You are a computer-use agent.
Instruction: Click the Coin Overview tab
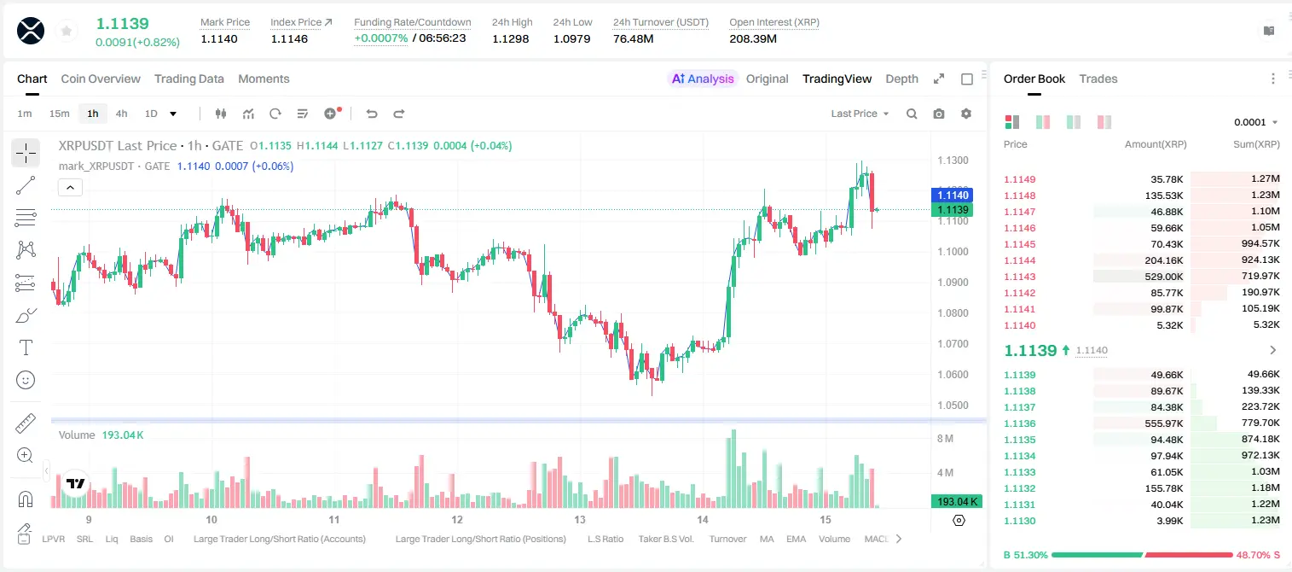click(x=101, y=79)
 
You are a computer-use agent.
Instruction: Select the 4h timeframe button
click(x=121, y=114)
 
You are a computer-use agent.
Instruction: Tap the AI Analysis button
click(x=703, y=79)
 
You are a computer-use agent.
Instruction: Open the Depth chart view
click(x=901, y=79)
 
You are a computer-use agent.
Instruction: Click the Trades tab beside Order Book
click(x=1098, y=79)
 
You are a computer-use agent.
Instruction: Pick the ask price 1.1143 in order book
click(x=1019, y=277)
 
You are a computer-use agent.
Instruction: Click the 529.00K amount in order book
click(x=1163, y=277)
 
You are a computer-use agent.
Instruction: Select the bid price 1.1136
click(x=1019, y=423)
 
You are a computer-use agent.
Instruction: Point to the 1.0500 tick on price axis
click(x=953, y=406)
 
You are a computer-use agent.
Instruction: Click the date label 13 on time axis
click(x=579, y=519)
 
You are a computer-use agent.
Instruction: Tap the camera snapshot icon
click(x=938, y=114)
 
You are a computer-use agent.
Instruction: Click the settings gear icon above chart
click(x=966, y=114)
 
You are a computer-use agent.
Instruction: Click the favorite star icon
click(x=67, y=31)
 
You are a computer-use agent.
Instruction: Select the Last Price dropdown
click(x=860, y=114)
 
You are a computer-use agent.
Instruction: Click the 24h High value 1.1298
click(x=511, y=38)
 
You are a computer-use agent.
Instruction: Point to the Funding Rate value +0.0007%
click(x=380, y=38)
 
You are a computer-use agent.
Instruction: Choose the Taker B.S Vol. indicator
click(x=665, y=539)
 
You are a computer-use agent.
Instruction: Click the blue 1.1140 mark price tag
click(x=952, y=196)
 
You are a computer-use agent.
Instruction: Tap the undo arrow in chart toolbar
click(x=372, y=114)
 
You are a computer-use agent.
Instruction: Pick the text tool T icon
click(x=26, y=347)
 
